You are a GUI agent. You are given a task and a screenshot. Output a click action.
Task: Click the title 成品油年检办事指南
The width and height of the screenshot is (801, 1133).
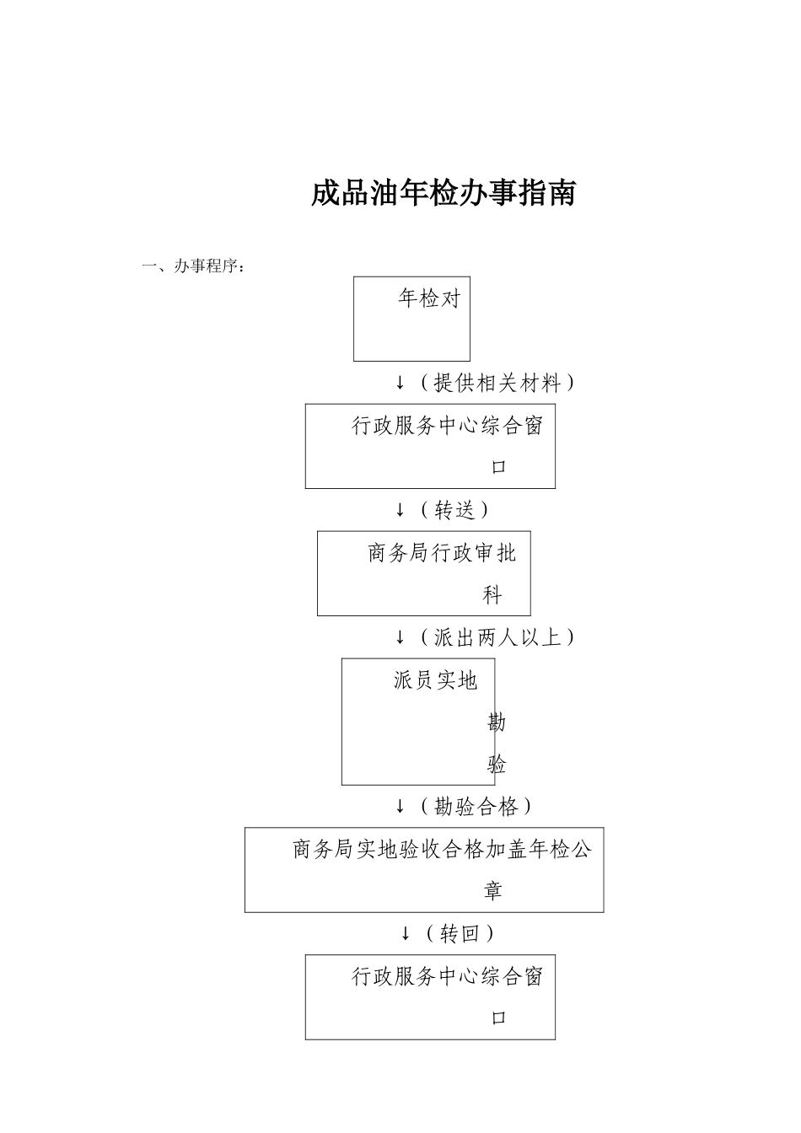tap(443, 194)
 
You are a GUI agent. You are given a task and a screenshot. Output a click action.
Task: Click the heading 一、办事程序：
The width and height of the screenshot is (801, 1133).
tap(194, 267)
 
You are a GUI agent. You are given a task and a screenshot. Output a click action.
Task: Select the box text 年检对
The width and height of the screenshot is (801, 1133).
tap(429, 298)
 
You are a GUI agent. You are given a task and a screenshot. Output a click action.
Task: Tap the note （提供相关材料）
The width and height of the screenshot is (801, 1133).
tap(497, 384)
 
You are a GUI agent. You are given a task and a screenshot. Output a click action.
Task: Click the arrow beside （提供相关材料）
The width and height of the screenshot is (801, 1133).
tap(400, 384)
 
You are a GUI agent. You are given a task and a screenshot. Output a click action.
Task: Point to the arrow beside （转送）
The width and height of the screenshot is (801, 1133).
tap(400, 510)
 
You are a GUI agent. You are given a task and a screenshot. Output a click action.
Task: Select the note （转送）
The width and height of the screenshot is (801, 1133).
tap(454, 510)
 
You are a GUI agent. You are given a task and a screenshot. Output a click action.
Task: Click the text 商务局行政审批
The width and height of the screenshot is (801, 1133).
tap(442, 554)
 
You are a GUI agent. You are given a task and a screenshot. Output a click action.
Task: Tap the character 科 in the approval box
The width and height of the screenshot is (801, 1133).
tap(492, 596)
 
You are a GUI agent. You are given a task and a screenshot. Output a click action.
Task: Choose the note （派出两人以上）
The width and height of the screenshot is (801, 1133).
tap(497, 637)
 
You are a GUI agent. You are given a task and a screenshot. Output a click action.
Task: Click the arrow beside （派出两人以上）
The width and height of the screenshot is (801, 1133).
tap(400, 637)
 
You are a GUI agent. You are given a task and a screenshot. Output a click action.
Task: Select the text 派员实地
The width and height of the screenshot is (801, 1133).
tap(435, 680)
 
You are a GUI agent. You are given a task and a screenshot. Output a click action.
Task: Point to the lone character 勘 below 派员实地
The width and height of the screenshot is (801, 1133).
tap(497, 722)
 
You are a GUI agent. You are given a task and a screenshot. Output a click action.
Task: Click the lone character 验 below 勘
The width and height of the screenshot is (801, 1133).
tap(497, 765)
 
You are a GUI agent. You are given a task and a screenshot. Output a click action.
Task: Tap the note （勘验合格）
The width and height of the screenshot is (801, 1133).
tap(476, 808)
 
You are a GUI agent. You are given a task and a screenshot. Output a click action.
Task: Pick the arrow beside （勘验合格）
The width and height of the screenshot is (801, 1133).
tap(400, 808)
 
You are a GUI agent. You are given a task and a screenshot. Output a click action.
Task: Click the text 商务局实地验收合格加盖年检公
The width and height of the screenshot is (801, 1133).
tap(442, 850)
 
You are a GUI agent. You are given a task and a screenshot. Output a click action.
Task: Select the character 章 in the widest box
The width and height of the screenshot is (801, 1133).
tap(493, 891)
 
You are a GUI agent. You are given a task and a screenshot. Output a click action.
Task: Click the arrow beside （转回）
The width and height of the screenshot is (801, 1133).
tap(406, 934)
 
